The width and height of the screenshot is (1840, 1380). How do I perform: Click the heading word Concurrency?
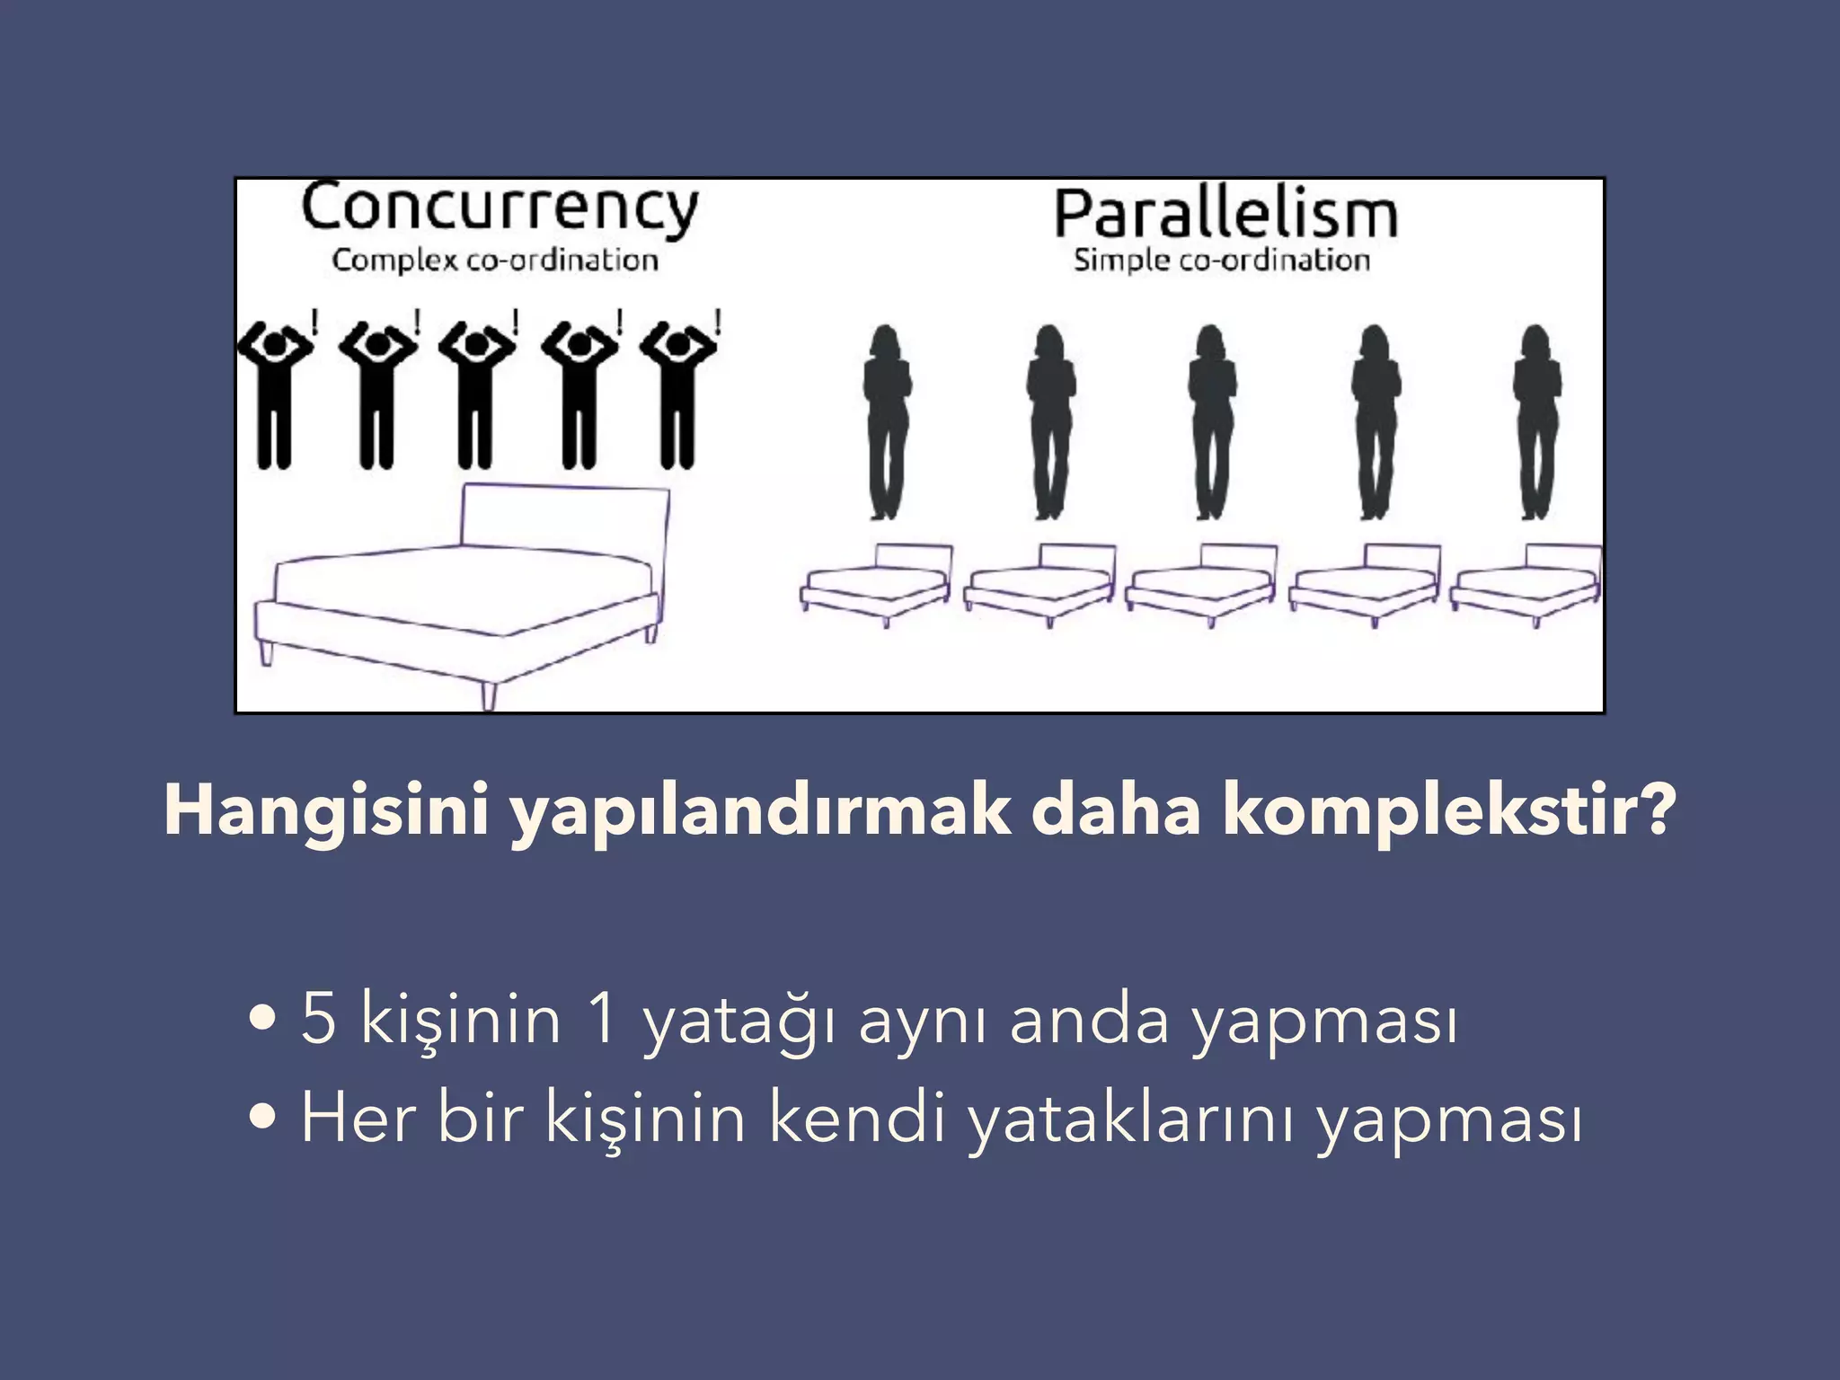click(500, 209)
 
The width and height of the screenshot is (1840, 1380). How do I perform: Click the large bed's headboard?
click(564, 517)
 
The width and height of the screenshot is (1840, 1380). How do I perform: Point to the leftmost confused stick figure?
click(274, 395)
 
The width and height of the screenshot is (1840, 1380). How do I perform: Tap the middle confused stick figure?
click(476, 395)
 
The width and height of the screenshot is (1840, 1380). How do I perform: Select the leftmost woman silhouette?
click(887, 422)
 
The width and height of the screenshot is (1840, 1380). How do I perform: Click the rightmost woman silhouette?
click(1536, 422)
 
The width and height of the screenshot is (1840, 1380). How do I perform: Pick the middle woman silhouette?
click(1211, 422)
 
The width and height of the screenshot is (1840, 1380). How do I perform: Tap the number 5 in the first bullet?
click(319, 1019)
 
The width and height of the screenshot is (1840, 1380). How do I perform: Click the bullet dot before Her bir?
click(262, 1118)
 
